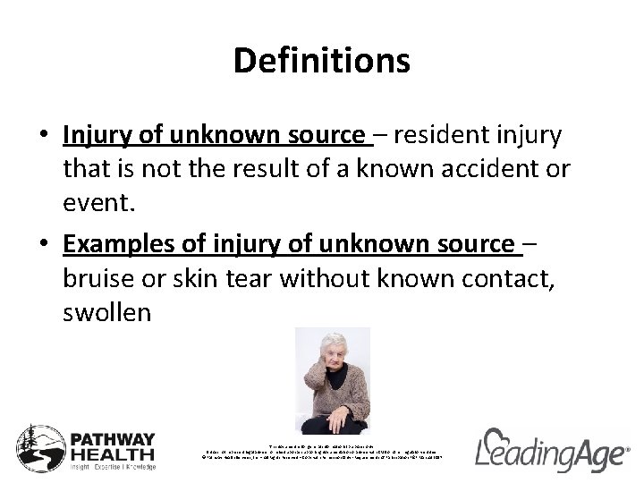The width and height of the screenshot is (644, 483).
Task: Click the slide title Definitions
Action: coord(321,61)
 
